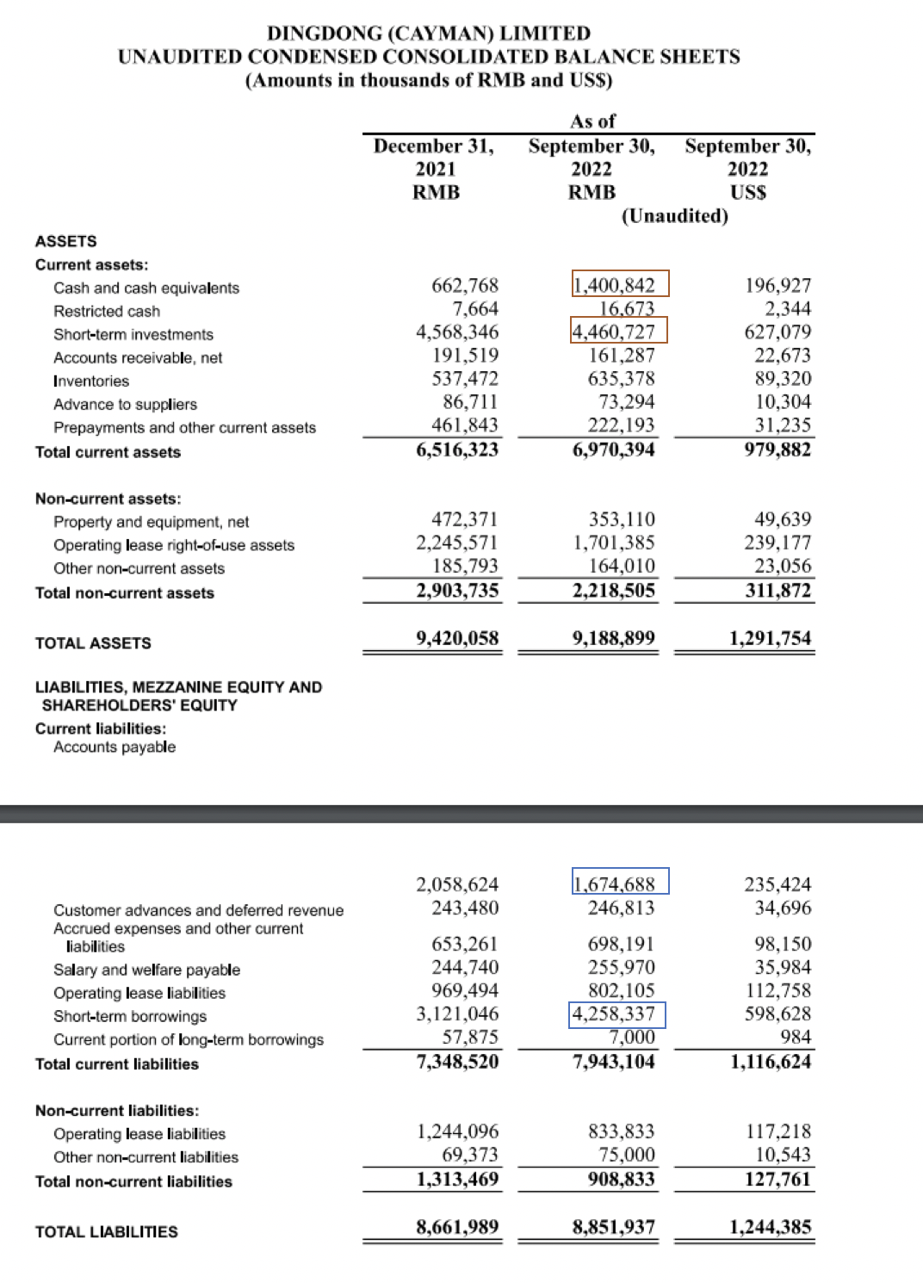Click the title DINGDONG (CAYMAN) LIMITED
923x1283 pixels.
point(429,34)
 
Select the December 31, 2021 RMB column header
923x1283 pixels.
point(435,169)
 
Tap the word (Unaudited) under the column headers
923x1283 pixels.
point(674,215)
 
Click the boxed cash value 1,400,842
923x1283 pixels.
point(620,284)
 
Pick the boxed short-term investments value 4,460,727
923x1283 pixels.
point(618,332)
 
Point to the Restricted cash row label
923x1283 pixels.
point(107,311)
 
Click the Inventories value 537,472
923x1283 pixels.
point(465,379)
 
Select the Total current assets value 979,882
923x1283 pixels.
point(777,449)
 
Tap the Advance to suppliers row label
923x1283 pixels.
point(125,404)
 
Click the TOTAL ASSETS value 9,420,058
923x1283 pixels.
point(457,638)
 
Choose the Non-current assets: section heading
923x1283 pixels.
point(108,499)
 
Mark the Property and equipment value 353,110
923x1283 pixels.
point(622,519)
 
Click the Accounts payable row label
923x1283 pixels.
point(115,747)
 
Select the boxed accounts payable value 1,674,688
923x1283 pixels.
point(620,883)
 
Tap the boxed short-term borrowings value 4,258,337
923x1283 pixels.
point(617,1014)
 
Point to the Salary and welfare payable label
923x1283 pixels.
point(146,970)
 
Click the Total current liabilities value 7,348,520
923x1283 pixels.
point(457,1062)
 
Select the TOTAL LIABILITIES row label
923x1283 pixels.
point(107,1231)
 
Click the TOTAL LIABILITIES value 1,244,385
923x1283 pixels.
point(771,1227)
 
